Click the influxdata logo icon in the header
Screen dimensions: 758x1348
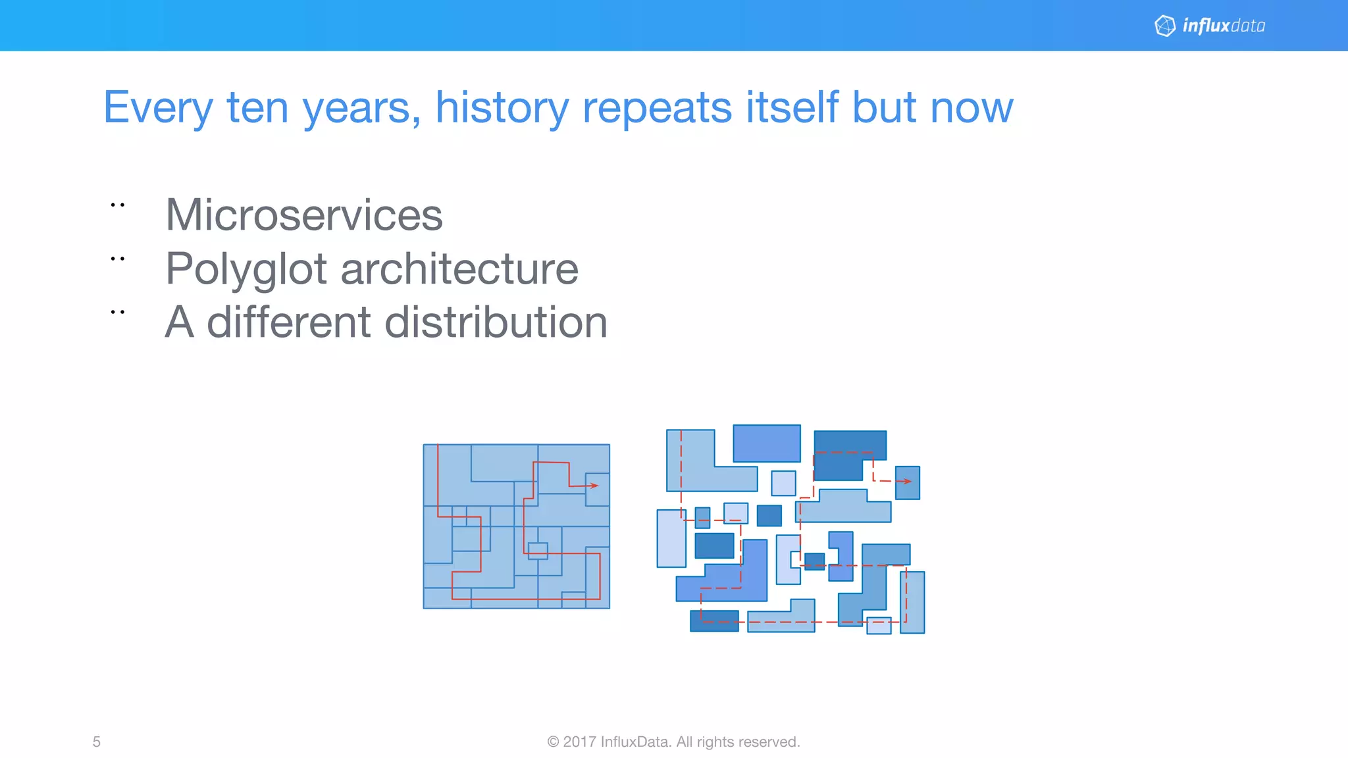[x=1165, y=26]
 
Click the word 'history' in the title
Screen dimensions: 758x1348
[x=502, y=107]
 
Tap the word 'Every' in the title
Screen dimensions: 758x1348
[x=158, y=107]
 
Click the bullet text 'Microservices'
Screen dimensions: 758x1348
[x=304, y=215]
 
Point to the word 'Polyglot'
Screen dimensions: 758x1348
[x=246, y=269]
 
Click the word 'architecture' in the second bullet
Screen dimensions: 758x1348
[x=459, y=269]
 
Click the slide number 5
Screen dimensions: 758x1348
[x=97, y=742]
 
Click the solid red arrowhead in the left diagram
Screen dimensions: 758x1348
[x=594, y=486]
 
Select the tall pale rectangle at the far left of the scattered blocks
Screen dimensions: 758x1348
[x=671, y=538]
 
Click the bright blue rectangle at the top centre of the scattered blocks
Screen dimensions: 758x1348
[x=767, y=443]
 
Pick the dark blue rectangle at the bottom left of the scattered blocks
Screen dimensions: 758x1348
[x=714, y=620]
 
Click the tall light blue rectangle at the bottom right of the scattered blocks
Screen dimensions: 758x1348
[x=912, y=602]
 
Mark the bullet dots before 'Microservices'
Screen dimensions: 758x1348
[x=118, y=205]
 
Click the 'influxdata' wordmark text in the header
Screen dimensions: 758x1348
[x=1224, y=26]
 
